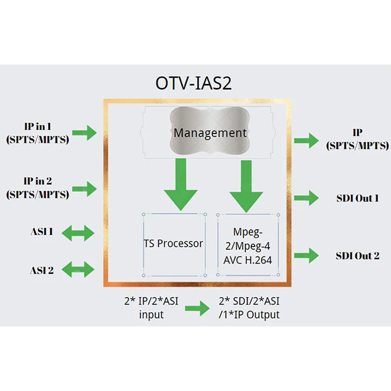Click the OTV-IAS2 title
194,83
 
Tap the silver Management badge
210,131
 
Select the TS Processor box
174,245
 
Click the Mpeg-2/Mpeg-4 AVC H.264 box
248,245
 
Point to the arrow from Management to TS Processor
181,185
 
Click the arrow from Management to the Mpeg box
246,186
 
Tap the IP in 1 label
38,133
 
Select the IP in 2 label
38,188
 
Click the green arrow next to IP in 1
85,132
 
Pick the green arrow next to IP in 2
85,189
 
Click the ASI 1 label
42,232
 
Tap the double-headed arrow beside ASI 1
78,233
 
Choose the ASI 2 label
42,270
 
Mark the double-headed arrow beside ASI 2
78,269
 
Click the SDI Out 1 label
358,198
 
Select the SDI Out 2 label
358,256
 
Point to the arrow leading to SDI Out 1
306,198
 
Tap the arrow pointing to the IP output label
306,141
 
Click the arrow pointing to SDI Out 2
306,255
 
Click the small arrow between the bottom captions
197,308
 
